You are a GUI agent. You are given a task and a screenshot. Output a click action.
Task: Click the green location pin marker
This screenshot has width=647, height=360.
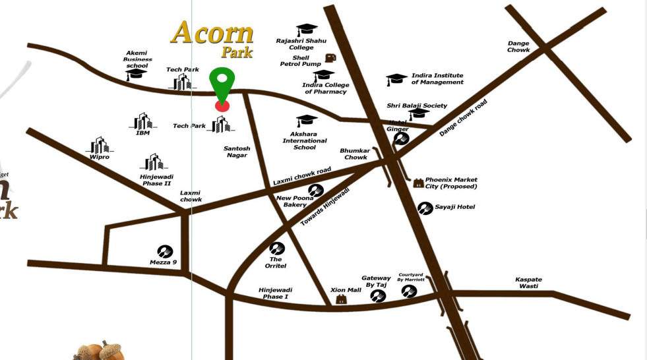click(222, 84)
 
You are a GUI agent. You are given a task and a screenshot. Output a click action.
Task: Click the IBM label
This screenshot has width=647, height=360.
click(143, 133)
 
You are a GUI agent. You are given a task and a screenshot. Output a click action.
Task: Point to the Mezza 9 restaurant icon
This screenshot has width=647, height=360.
click(164, 251)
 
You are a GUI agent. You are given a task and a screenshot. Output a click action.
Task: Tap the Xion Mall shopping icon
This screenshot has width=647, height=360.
click(342, 300)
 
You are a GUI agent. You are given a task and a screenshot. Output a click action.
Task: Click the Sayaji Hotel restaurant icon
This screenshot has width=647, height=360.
click(425, 208)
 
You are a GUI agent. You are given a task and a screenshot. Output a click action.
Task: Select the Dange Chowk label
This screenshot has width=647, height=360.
click(518, 47)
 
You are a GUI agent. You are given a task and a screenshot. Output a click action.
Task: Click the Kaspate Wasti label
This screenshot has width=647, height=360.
click(528, 283)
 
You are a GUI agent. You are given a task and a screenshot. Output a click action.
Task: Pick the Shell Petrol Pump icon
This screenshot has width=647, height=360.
click(330, 58)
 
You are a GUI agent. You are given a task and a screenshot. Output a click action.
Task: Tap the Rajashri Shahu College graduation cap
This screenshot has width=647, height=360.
click(307, 30)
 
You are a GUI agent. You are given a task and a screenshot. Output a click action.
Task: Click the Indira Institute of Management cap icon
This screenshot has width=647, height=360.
click(396, 80)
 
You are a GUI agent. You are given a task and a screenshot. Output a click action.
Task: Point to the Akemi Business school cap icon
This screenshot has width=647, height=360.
click(137, 73)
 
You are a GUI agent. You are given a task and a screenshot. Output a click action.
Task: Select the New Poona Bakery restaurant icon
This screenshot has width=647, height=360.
click(316, 191)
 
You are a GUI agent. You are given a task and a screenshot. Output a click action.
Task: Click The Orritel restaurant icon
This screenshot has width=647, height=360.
click(276, 249)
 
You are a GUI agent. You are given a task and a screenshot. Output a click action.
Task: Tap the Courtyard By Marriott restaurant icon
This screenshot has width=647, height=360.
click(410, 290)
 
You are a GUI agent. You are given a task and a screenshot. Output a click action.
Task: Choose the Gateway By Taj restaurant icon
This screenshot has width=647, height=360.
click(379, 296)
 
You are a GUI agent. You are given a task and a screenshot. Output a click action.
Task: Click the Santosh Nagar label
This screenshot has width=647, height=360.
click(237, 152)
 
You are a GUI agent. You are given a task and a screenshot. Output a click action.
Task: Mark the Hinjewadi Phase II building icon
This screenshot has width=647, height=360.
click(154, 162)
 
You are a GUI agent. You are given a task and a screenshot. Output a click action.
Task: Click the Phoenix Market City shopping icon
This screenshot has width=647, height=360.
click(418, 183)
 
